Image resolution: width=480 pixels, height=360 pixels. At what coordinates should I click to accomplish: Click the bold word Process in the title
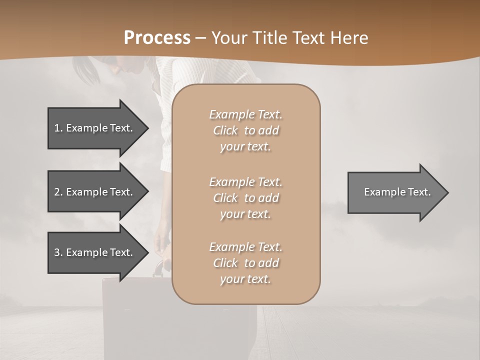(x=157, y=38)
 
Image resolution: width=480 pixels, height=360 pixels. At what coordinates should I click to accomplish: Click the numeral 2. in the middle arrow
(x=58, y=192)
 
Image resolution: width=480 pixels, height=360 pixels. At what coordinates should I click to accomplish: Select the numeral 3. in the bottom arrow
(x=58, y=252)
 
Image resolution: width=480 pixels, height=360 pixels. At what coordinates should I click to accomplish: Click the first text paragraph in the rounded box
(x=245, y=130)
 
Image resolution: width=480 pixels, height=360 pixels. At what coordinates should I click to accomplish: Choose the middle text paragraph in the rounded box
(x=245, y=198)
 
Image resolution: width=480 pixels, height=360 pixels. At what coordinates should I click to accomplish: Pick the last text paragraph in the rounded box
(x=245, y=263)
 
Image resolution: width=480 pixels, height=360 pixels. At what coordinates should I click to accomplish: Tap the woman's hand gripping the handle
(x=162, y=245)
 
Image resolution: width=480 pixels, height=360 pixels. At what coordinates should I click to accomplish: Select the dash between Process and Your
(x=200, y=38)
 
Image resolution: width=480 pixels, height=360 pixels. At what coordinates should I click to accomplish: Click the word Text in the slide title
(x=310, y=38)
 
